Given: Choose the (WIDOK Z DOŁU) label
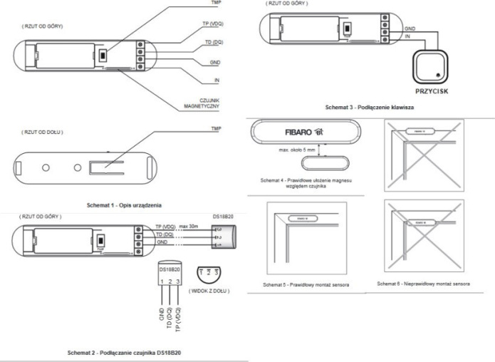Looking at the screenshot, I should [207, 291].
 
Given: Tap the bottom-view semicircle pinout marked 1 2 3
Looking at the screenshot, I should [207, 273].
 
